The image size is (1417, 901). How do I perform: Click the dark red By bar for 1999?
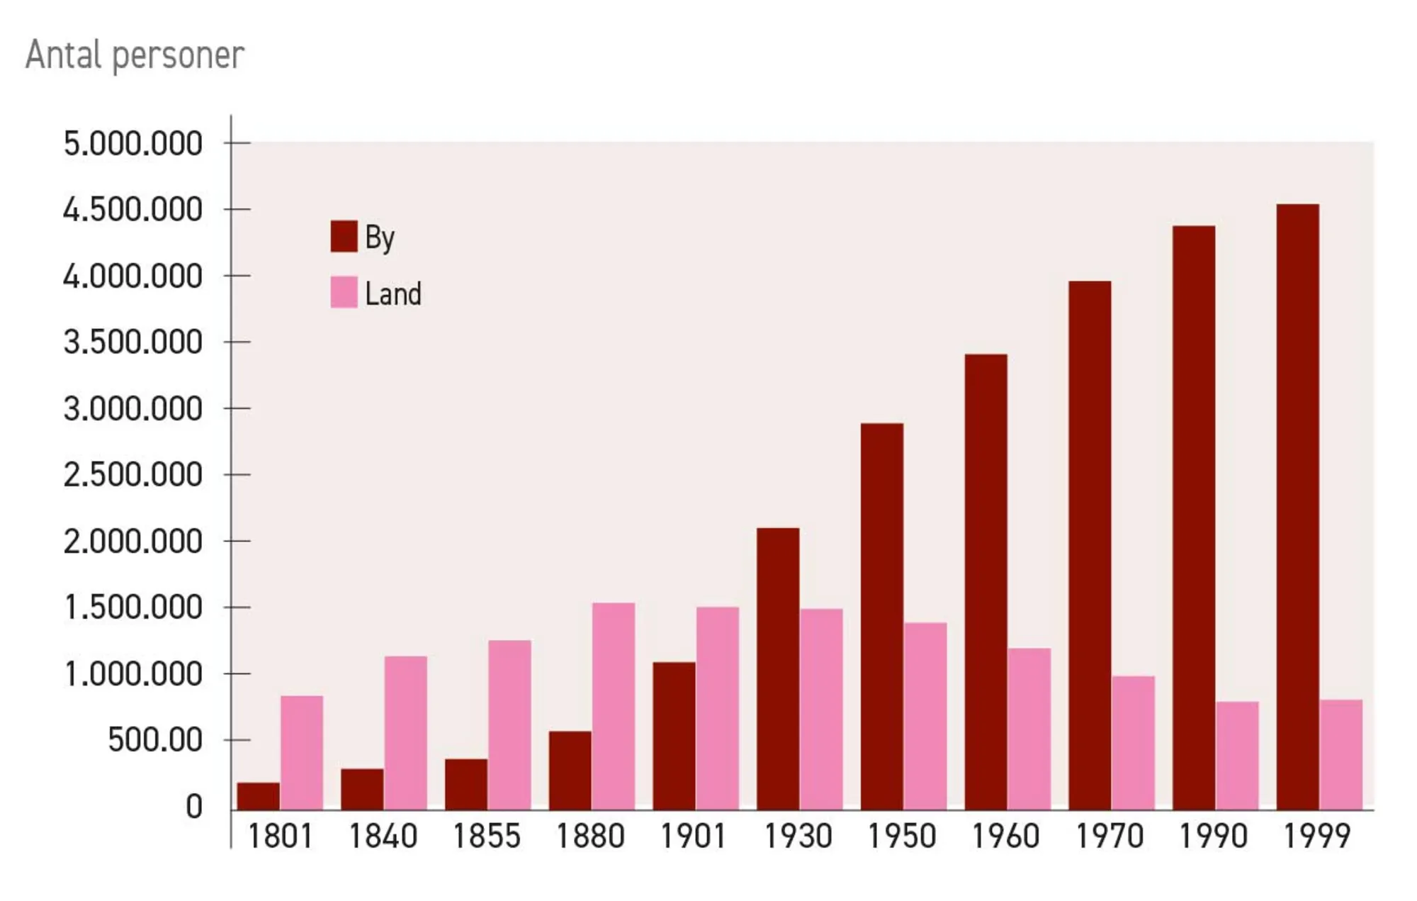pos(1297,507)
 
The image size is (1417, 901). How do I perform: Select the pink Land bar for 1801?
pos(302,752)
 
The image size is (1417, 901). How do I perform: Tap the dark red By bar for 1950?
pos(882,616)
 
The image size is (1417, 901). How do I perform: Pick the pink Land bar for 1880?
pos(614,706)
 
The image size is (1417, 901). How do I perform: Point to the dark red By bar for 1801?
pos(258,795)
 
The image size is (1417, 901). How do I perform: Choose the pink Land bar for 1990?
pos(1237,755)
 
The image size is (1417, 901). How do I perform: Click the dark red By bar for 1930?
pos(778,668)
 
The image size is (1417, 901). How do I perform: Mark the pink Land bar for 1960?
pos(1029,729)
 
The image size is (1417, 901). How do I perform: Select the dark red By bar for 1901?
pos(674,736)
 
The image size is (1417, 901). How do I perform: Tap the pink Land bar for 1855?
pos(509,724)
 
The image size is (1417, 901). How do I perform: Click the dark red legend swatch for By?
pos(344,236)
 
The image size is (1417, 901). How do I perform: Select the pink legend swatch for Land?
pos(344,292)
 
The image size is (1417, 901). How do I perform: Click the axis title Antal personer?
pos(135,55)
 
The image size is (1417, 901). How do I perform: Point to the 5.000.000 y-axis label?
pos(132,144)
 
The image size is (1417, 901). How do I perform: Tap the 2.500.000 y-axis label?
pos(132,475)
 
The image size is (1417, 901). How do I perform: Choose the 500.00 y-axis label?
pos(154,740)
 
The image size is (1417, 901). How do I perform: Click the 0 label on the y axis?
pos(193,807)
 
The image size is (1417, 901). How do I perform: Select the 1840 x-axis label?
pos(383,836)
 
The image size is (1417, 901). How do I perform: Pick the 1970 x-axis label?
pos(1110,836)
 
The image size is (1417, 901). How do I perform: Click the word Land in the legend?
pos(393,293)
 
